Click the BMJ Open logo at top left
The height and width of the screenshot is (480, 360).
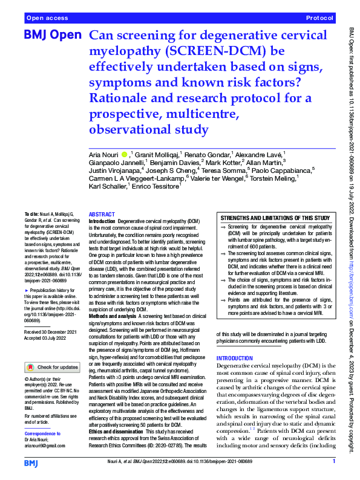tap(52, 36)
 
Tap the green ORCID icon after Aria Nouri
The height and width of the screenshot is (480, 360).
tap(125, 155)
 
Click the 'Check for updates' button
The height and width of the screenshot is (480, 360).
tap(51, 367)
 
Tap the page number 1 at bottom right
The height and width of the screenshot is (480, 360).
tap(333, 461)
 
